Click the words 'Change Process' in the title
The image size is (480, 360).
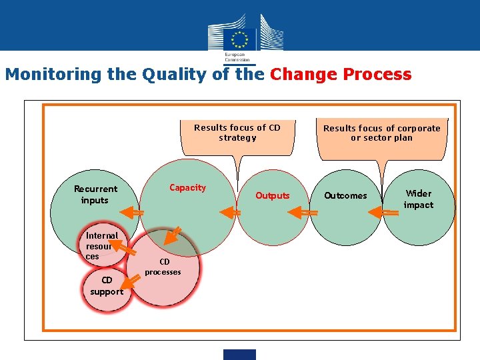(x=341, y=74)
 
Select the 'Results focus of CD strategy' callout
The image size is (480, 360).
(x=237, y=133)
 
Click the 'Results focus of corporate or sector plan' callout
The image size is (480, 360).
(x=382, y=133)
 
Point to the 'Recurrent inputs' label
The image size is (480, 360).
(x=95, y=195)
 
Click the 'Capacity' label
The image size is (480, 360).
(x=188, y=188)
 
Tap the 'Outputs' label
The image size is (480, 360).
(x=273, y=195)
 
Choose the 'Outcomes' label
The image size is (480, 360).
(x=345, y=195)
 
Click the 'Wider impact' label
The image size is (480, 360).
(x=419, y=199)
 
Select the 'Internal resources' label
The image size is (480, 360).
(x=101, y=245)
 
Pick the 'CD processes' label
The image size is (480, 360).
(x=163, y=267)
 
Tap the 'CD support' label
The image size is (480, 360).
(x=107, y=286)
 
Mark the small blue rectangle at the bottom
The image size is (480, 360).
(x=239, y=355)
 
